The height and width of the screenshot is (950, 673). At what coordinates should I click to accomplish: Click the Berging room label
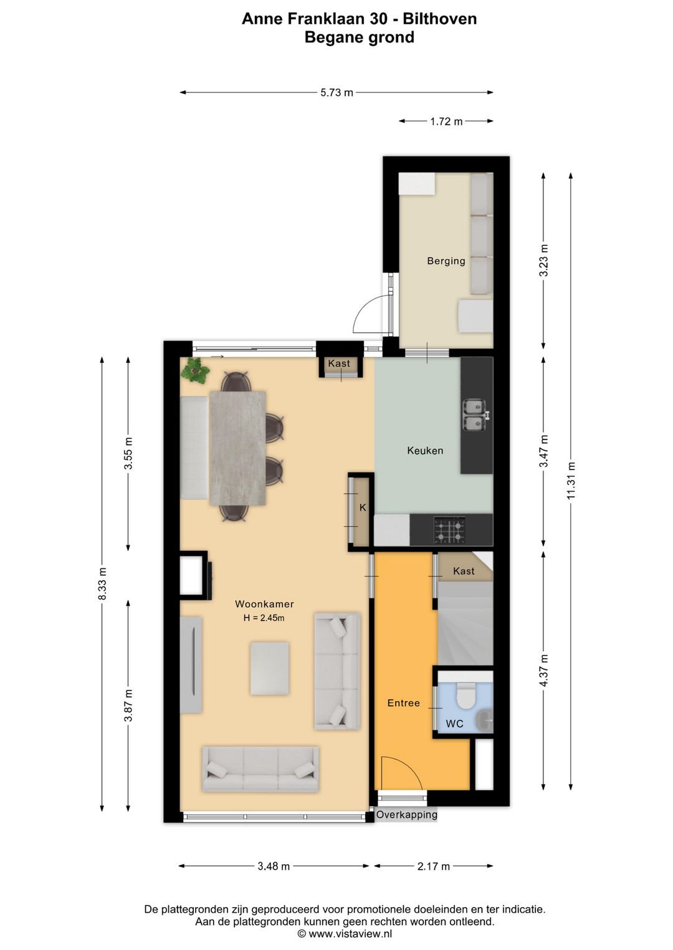pos(446,261)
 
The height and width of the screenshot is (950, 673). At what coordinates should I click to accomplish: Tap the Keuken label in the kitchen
pos(425,450)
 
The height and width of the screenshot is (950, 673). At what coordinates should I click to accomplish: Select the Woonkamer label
pos(264,604)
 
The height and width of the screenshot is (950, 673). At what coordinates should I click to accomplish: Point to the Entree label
pos(403,703)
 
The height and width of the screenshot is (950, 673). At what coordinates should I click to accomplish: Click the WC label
pos(454,723)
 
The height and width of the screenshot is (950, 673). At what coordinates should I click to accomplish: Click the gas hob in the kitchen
pos(449,530)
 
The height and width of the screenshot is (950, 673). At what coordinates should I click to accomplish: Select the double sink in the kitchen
pos(475,415)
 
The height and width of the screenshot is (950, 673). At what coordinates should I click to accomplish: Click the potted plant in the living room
pos(195,370)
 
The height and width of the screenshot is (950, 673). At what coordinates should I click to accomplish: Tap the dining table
pos(238,448)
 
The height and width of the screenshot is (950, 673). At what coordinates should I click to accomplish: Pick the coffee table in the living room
pos(269,669)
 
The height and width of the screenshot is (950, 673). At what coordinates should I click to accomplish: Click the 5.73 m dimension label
pos(336,93)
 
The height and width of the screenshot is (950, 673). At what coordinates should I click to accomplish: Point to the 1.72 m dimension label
pos(446,122)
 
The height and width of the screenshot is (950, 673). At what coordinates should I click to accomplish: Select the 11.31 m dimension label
pos(571,481)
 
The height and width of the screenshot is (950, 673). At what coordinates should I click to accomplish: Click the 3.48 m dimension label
pos(274,866)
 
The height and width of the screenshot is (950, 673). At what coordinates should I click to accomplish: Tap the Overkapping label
pos(406,814)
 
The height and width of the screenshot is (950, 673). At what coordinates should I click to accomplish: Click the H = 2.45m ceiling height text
pos(264,618)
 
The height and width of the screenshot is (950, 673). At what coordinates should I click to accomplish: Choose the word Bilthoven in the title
pos(439,19)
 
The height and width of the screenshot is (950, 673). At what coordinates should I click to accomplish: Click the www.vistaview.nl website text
pos(350,933)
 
